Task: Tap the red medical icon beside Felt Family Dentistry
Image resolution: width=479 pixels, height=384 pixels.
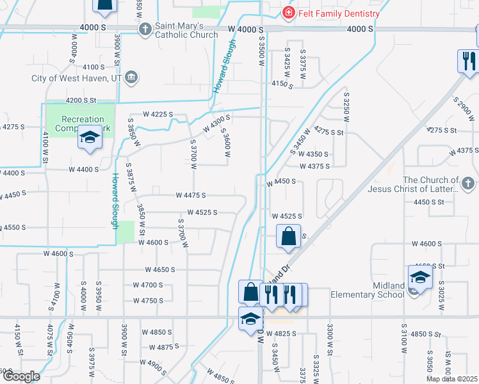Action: [289, 13]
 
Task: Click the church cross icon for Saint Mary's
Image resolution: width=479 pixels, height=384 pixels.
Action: [145, 29]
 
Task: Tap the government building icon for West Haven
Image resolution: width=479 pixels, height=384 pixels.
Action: [131, 78]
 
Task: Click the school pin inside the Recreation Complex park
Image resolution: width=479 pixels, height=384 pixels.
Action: [90, 138]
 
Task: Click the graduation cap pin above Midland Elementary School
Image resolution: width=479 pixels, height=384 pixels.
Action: [420, 277]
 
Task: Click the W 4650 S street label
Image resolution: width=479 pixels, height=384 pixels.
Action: [159, 269]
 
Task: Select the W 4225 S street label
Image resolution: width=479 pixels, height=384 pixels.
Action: [158, 114]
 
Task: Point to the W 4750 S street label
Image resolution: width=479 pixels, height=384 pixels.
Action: [148, 300]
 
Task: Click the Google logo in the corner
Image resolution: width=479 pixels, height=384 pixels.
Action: [20, 376]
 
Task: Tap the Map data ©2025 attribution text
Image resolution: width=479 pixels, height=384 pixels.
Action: [452, 379]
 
